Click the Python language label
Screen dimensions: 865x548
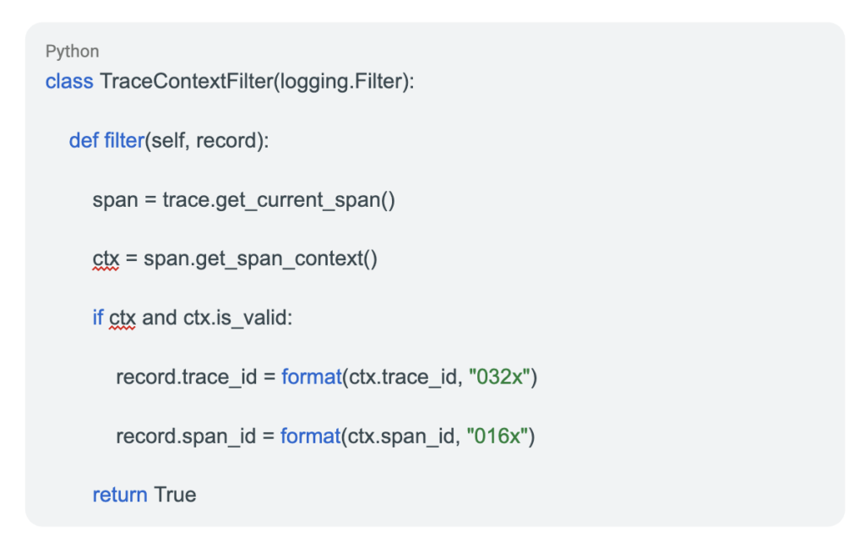click(73, 52)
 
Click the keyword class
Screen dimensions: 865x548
click(69, 82)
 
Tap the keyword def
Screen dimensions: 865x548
click(84, 140)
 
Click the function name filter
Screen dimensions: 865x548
click(124, 140)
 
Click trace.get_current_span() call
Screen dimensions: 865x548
click(279, 200)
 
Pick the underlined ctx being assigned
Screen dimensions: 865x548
click(106, 259)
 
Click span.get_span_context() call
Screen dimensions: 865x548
click(260, 259)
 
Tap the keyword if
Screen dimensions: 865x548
click(98, 318)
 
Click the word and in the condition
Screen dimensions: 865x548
click(160, 318)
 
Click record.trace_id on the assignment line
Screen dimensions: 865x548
click(187, 377)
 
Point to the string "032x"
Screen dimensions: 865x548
click(499, 377)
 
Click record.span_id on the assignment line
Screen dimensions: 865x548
click(186, 436)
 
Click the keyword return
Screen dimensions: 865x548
click(120, 495)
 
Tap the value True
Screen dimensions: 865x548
click(175, 495)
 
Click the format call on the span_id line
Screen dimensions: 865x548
click(311, 436)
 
